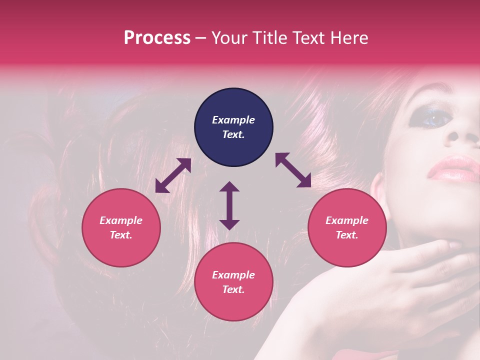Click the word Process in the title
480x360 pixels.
point(157,38)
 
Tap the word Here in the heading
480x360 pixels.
point(348,38)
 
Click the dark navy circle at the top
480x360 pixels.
point(233,127)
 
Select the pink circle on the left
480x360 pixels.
point(121,227)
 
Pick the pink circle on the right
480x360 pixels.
point(347,227)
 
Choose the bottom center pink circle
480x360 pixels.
point(233,282)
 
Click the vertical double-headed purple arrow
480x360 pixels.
point(229,205)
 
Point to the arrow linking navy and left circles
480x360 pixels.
point(173,175)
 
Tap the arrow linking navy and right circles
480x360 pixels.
point(293,170)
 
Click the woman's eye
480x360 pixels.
point(432,118)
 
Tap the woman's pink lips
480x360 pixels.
point(452,168)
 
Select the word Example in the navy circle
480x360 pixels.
point(233,120)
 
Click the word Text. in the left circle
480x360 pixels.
point(121,235)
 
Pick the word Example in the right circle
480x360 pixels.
point(347,220)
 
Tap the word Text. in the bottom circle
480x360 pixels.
point(233,289)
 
